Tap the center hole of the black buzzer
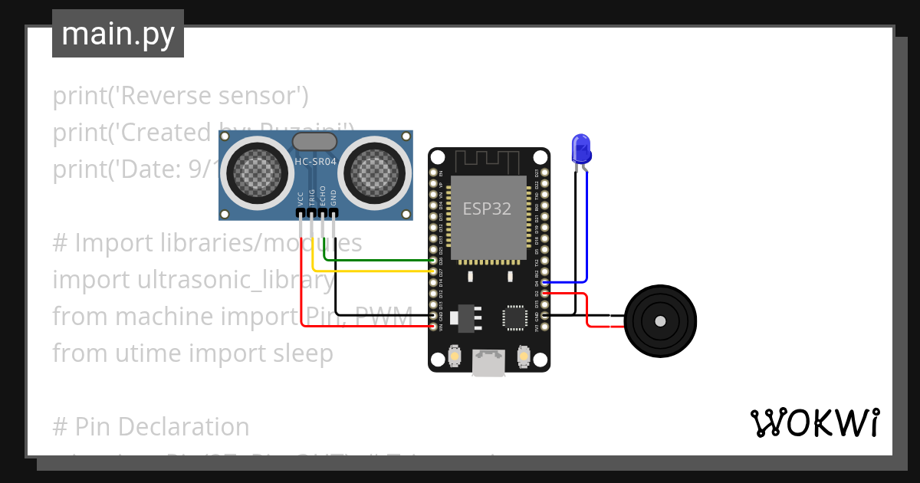click(660, 321)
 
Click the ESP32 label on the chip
click(486, 209)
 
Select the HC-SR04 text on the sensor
click(315, 161)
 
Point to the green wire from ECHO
click(376, 261)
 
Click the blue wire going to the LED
click(587, 230)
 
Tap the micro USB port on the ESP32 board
click(488, 363)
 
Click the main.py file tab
click(117, 34)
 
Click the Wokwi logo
click(813, 422)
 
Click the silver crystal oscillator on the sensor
click(315, 141)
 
